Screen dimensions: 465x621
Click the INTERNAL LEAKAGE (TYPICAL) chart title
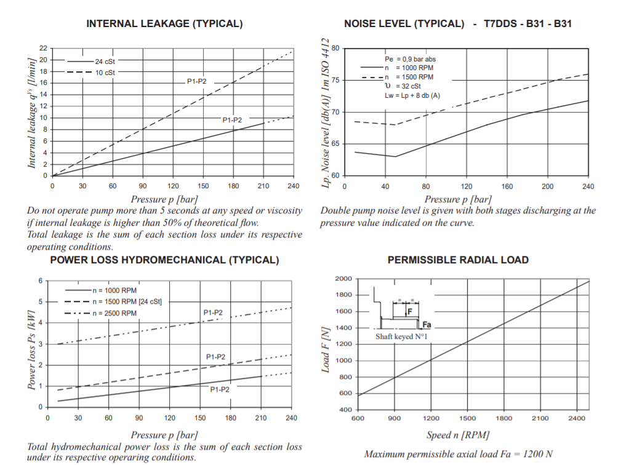164,24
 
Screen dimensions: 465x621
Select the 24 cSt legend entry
105,62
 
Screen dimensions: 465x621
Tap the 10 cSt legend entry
105,73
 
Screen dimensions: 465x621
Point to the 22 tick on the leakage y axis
43,48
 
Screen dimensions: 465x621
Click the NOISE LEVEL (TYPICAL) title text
404,24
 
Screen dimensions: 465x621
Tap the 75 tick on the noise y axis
335,80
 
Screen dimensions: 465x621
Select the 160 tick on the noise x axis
507,186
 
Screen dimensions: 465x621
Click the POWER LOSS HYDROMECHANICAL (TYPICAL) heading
164,260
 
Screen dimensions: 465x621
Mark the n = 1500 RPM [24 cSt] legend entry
126,301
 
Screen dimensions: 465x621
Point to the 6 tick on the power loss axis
40,280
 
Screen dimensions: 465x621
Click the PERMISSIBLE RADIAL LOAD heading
458,260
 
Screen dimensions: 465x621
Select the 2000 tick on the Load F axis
343,279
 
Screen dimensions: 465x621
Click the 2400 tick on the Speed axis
577,418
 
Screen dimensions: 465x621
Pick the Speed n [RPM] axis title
458,435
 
